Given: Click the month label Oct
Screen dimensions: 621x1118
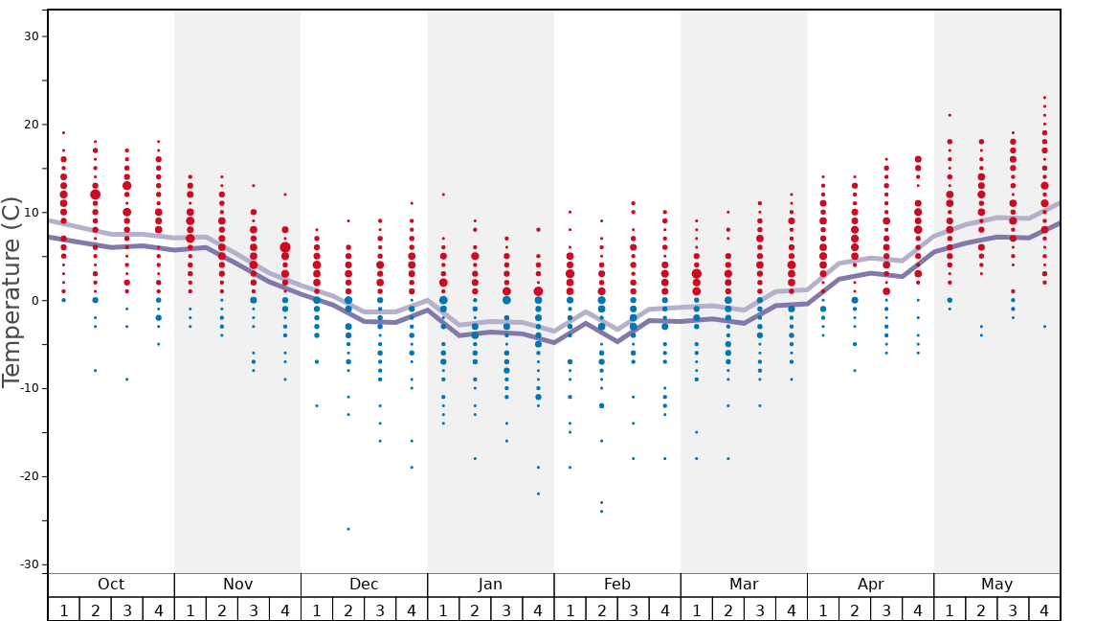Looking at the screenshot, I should tap(111, 585).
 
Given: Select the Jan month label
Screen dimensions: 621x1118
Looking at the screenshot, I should tap(490, 585).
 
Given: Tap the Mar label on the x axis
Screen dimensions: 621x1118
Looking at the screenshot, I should tap(744, 585).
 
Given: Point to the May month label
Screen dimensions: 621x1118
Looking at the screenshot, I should tap(996, 585).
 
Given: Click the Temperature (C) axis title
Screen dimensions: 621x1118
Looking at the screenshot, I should tap(11, 291).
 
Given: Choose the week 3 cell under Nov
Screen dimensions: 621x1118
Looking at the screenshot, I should tap(254, 609).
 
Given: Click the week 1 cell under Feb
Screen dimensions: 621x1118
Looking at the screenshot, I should tap(570, 609).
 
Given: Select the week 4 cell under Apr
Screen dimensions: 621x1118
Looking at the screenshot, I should tap(918, 609).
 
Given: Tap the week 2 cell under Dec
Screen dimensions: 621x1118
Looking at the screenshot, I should tap(348, 609).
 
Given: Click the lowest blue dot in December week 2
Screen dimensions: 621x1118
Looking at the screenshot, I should tap(348, 529).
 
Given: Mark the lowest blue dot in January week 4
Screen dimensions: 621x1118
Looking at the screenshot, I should tap(538, 494).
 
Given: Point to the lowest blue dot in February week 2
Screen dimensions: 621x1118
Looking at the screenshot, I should tap(601, 511).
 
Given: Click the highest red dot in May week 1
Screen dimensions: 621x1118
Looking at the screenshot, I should tap(950, 115).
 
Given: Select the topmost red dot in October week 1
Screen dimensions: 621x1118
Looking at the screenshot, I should tap(63, 133).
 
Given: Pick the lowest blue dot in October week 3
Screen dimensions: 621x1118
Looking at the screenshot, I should tap(126, 379).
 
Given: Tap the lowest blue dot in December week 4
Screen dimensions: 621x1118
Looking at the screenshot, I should tap(412, 468).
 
